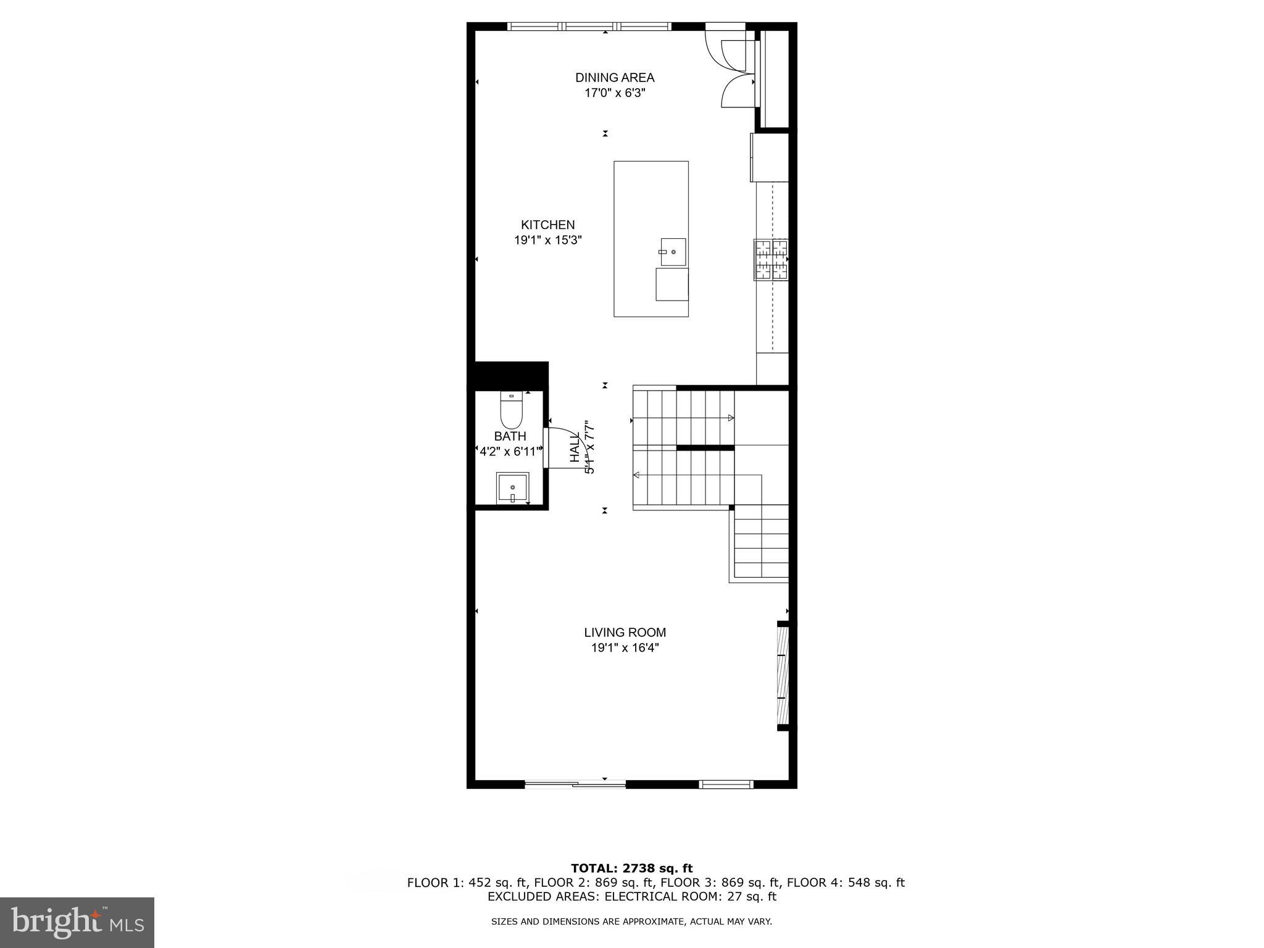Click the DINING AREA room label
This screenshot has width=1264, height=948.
614,78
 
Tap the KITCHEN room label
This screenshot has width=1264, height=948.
547,225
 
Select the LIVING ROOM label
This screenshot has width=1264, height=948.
625,632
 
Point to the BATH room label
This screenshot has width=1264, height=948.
510,436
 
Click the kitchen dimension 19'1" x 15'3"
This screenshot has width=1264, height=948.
548,240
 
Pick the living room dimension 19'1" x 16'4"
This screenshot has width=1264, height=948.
625,648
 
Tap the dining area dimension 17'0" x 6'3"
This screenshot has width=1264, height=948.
615,93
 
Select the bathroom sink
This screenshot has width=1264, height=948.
512,488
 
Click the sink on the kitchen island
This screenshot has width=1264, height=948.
673,252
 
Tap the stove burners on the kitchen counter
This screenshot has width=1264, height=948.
771,259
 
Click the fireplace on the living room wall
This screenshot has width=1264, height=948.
783,675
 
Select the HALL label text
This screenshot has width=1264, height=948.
575,449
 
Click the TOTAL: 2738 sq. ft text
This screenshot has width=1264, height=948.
631,869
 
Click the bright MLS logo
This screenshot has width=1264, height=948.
77,922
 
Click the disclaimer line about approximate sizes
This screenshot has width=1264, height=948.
631,921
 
